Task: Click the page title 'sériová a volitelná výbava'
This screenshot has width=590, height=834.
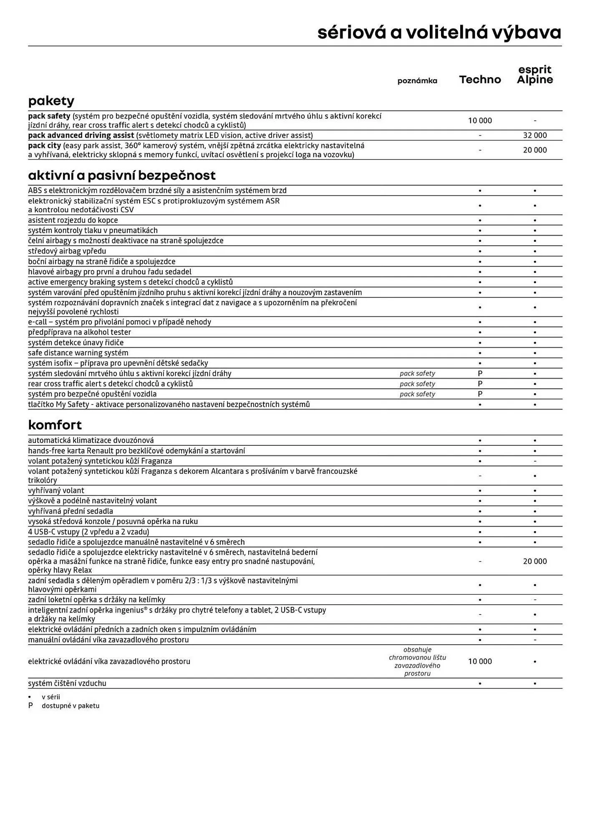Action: [439, 33]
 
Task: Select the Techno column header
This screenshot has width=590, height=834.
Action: [480, 80]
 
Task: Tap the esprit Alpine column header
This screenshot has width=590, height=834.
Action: [535, 75]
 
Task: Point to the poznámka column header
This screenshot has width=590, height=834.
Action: [417, 81]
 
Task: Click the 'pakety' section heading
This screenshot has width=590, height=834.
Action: [51, 101]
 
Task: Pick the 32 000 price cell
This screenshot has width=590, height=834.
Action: [535, 135]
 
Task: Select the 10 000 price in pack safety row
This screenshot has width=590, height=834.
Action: [480, 121]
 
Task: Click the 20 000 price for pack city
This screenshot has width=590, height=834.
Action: [535, 150]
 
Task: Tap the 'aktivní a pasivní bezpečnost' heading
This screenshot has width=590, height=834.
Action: [122, 175]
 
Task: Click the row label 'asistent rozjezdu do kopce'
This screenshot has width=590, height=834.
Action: [73, 220]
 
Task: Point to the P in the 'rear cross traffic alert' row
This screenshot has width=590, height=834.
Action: [480, 384]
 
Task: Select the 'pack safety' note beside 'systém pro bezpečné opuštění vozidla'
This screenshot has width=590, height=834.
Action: [417, 394]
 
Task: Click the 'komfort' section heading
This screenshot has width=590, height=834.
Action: [55, 425]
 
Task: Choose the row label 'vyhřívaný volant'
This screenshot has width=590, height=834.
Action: [56, 490]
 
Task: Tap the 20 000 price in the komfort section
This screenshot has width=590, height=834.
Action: [535, 561]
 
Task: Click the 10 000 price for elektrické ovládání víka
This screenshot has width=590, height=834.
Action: [480, 661]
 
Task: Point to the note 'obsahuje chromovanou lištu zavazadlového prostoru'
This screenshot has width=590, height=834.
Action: [417, 661]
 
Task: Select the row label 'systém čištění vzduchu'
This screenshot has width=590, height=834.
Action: [67, 683]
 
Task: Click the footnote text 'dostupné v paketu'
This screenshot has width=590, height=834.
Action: [71, 706]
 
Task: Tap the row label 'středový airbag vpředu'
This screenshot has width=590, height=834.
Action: [67, 251]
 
